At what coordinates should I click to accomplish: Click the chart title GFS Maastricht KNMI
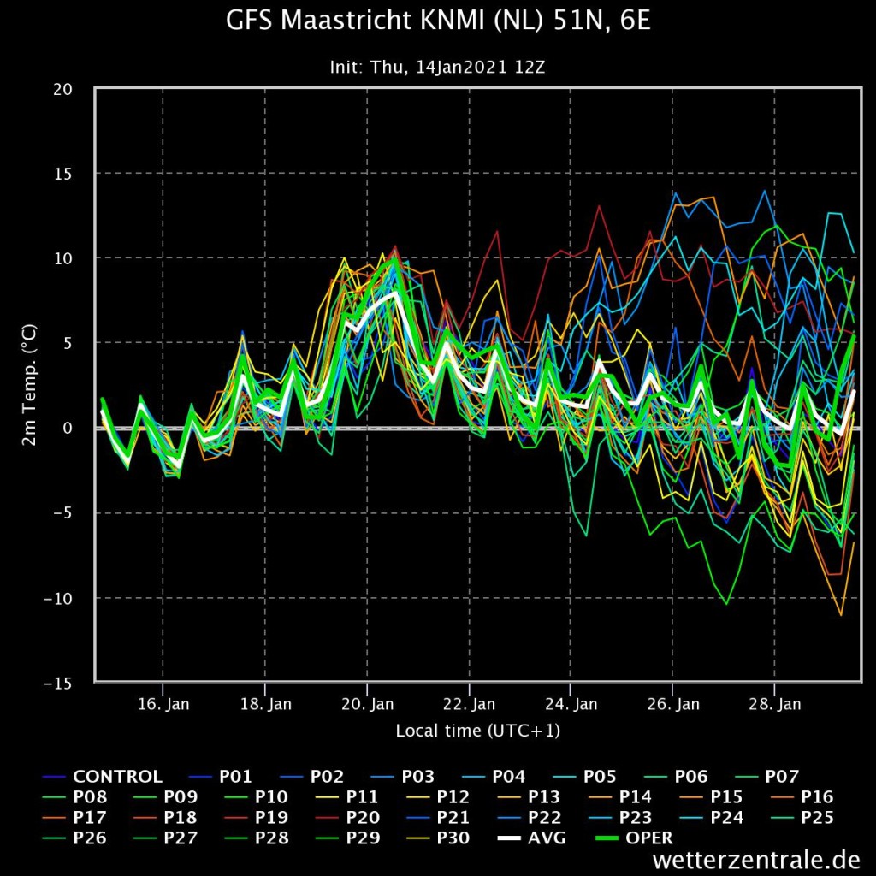tap(439, 21)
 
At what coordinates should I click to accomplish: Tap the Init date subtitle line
tap(437, 67)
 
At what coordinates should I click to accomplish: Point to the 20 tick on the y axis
tap(62, 89)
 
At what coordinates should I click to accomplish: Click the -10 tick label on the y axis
tap(58, 598)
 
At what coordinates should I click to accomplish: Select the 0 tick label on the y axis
tap(68, 428)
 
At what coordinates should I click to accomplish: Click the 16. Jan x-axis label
tap(163, 704)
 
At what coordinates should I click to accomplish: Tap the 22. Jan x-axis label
tap(470, 704)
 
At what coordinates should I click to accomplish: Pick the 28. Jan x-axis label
tap(775, 704)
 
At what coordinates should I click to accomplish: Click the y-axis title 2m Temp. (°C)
tap(29, 385)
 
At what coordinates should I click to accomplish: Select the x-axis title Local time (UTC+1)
tap(477, 731)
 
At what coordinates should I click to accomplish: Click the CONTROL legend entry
tap(103, 777)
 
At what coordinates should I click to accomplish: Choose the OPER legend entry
tap(634, 838)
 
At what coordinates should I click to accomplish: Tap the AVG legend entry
tap(531, 838)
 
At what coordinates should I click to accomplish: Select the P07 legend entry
tap(766, 777)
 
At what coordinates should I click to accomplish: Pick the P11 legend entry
tap(347, 797)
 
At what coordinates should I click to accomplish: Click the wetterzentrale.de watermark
tap(755, 859)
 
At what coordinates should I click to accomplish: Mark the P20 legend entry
tap(346, 818)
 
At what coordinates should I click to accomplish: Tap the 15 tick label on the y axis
tap(62, 174)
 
